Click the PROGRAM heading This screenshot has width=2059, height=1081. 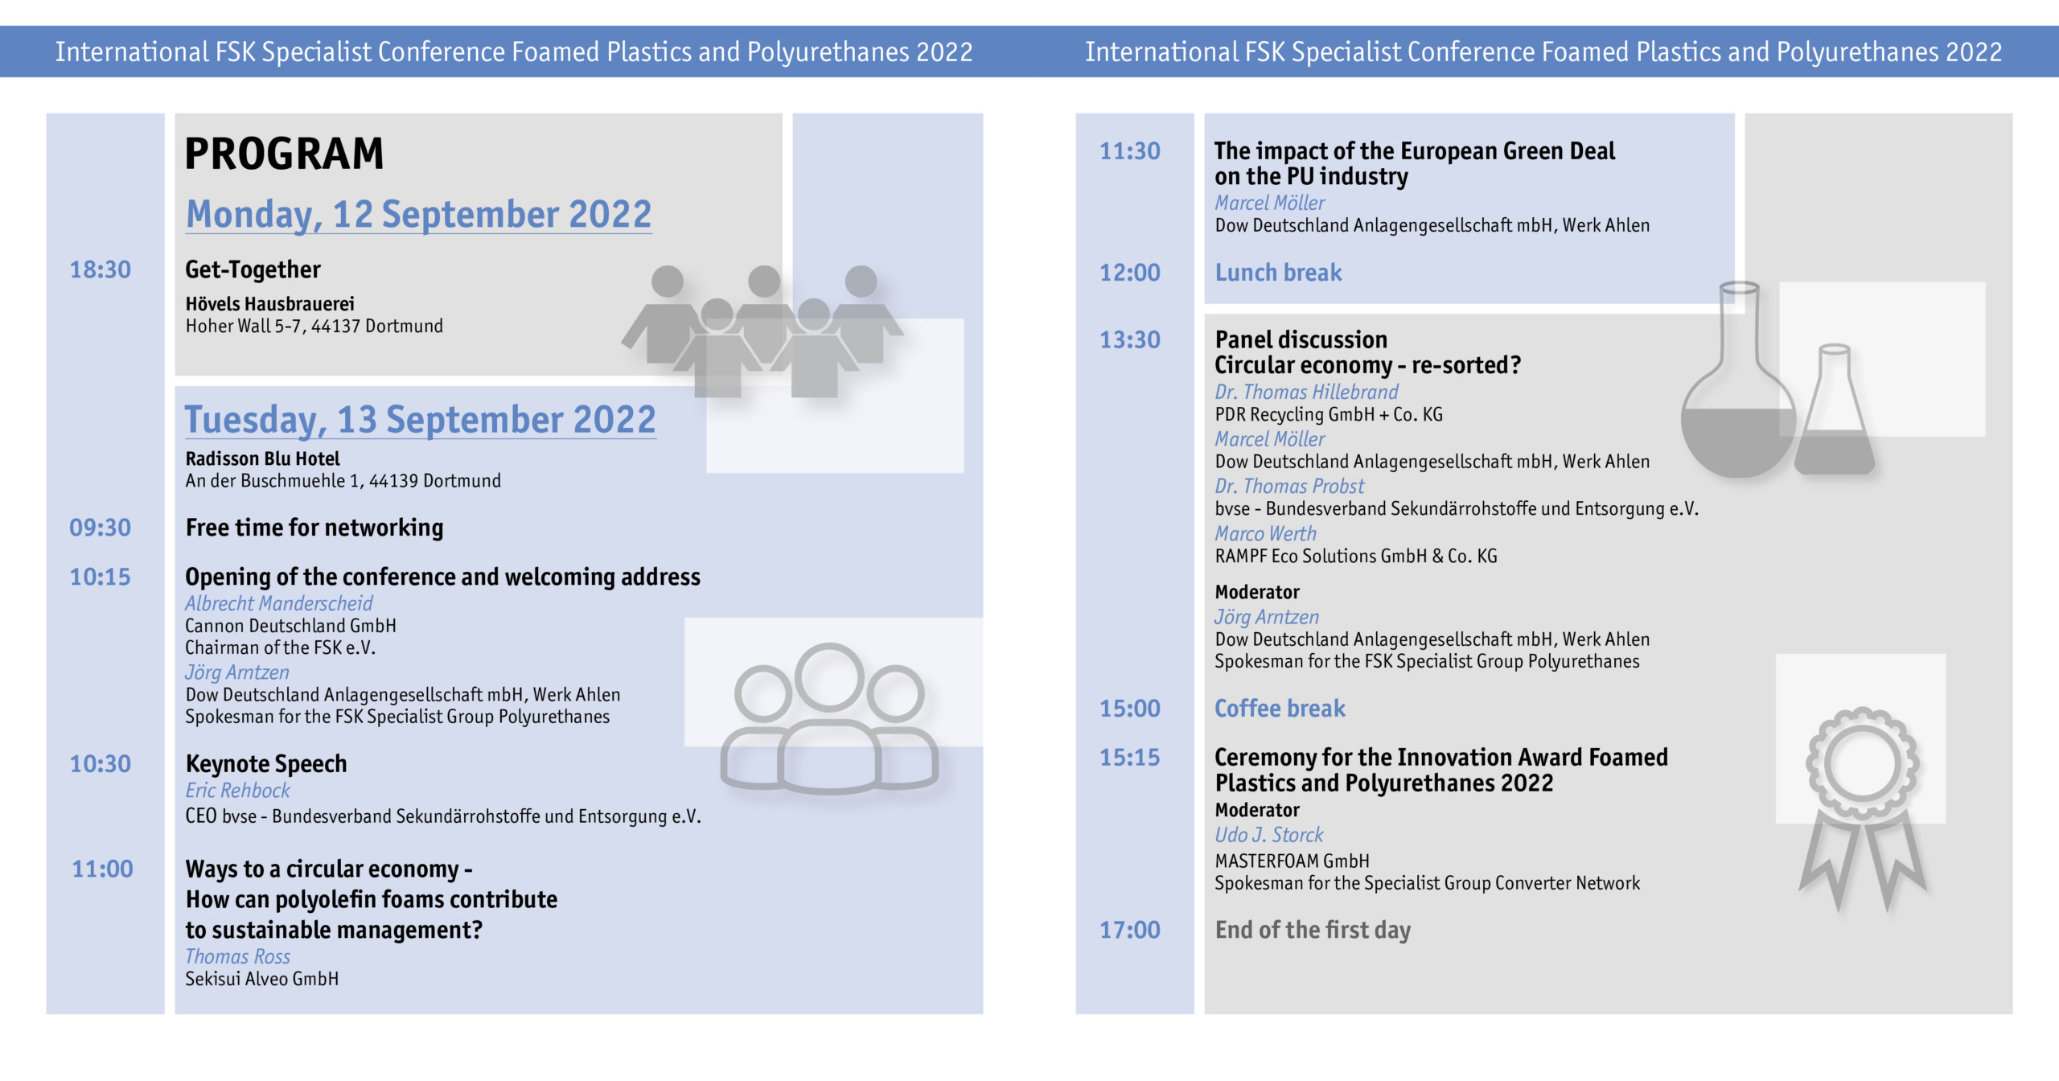284,154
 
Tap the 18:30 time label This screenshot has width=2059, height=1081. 100,269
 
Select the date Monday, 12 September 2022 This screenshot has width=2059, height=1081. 418,215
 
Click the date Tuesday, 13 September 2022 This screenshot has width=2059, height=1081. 420,420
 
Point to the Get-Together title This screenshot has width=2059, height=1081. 253,269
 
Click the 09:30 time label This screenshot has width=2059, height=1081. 100,528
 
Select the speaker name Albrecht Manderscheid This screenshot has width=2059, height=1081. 278,603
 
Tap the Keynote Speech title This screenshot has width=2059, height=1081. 266,764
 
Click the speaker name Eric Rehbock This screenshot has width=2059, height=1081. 237,791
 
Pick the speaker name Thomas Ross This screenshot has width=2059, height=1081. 237,956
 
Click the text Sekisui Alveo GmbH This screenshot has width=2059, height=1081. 261,979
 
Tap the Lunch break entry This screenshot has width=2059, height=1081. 1278,273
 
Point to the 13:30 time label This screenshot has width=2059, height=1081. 1130,339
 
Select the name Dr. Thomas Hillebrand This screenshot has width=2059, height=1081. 1306,392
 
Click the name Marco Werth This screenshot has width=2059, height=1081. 1265,533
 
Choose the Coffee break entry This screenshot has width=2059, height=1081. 1280,709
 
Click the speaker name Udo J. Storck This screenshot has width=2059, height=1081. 1268,835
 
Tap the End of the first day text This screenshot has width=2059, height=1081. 1313,931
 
